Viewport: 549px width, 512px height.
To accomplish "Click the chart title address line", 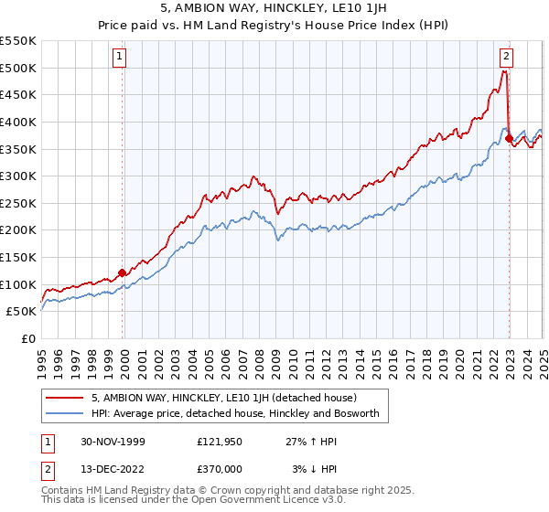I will [x=274, y=10].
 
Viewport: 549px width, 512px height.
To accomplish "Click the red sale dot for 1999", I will [x=122, y=272].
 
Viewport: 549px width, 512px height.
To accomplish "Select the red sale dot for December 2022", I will [x=510, y=139].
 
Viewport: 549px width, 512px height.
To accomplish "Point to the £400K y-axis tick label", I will [x=18, y=122].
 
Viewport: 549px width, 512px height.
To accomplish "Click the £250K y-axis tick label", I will [x=18, y=203].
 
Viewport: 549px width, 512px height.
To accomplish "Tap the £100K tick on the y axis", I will [x=18, y=284].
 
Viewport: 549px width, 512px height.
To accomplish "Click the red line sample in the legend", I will [x=66, y=398].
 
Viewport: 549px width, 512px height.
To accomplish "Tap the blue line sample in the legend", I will [x=66, y=414].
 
